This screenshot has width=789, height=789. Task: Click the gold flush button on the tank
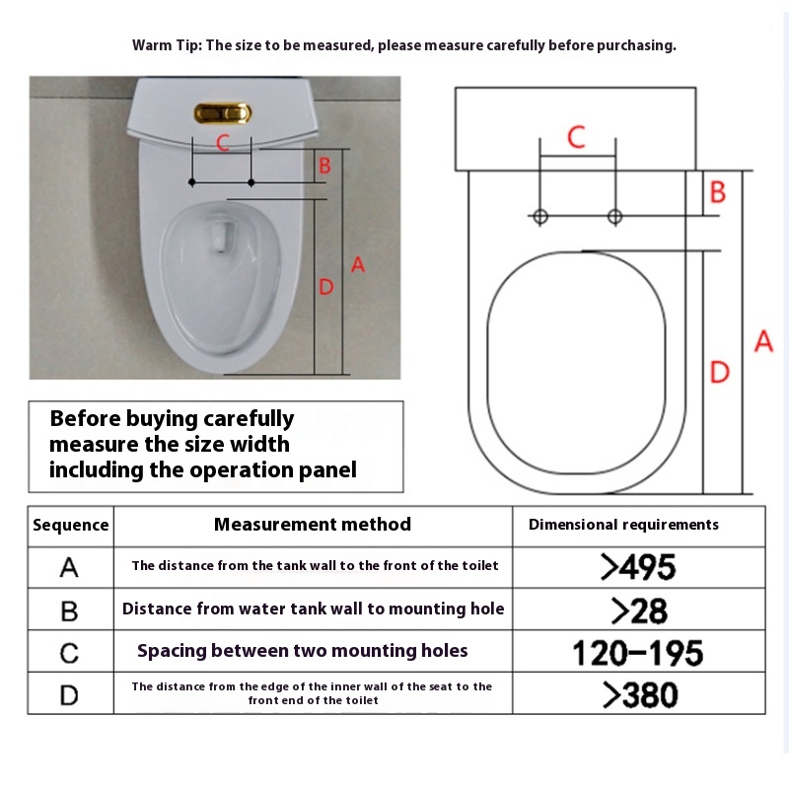click(x=223, y=113)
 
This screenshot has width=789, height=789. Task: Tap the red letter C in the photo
click(x=223, y=143)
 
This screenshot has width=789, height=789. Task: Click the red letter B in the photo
click(x=325, y=166)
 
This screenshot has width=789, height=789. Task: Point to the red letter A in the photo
click(x=358, y=264)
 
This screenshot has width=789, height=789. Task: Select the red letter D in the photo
click(x=326, y=287)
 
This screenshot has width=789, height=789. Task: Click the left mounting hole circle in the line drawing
click(x=540, y=217)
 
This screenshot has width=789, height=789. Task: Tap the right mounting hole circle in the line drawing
click(x=614, y=217)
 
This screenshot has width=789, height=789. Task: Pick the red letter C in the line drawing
click(x=576, y=137)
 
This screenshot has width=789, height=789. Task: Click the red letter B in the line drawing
click(x=718, y=191)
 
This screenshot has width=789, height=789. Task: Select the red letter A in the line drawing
click(x=763, y=340)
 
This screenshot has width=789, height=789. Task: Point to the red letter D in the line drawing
click(x=719, y=373)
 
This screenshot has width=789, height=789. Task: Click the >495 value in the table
click(x=638, y=567)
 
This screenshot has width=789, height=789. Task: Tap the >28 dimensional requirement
click(x=639, y=610)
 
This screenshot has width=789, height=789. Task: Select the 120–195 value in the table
click(x=637, y=653)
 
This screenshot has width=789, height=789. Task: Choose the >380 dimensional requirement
click(x=640, y=695)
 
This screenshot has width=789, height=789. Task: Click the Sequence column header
click(x=70, y=525)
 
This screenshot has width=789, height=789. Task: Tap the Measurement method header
click(x=313, y=525)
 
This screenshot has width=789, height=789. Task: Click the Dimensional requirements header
click(x=623, y=525)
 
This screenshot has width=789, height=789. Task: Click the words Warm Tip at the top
click(x=167, y=45)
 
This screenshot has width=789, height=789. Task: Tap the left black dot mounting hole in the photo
click(x=191, y=182)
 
